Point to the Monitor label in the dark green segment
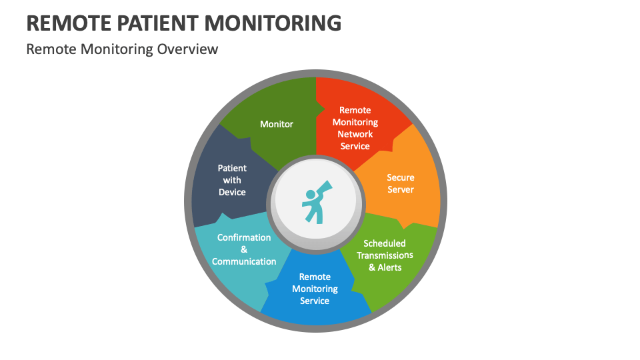(277, 124)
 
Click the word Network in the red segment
(355, 134)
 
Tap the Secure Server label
(401, 183)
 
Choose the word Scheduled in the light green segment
(385, 243)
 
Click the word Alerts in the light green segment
(391, 267)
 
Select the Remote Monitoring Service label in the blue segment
(315, 289)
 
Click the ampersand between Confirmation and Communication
(244, 249)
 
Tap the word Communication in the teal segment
(244, 261)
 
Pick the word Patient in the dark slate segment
(232, 168)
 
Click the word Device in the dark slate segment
(232, 192)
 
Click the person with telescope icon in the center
(315, 203)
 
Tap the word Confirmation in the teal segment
(244, 237)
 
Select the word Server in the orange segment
(401, 189)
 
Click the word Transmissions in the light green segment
(385, 255)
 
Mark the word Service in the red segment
(355, 146)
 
